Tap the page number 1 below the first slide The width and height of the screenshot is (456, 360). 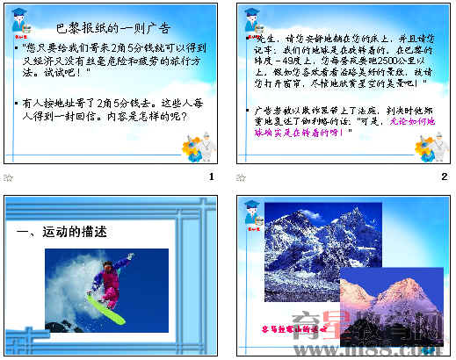(x=211, y=176)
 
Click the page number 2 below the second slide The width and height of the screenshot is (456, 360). (x=444, y=176)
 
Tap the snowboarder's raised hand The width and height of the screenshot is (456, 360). (x=130, y=256)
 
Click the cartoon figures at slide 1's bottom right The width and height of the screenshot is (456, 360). (x=195, y=143)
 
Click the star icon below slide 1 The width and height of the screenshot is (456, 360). (x=9, y=176)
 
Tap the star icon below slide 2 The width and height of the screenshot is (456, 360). (x=242, y=176)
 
